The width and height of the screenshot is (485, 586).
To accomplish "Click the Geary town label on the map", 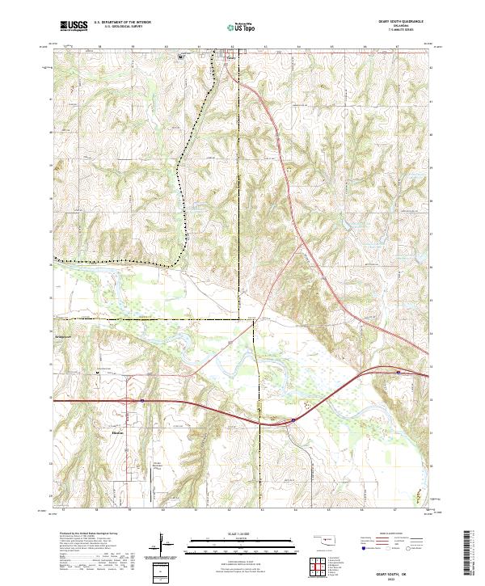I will (231, 57).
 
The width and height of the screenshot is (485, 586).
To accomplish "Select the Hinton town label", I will (116, 432).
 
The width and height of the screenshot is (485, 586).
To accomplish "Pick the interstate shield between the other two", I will (293, 419).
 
